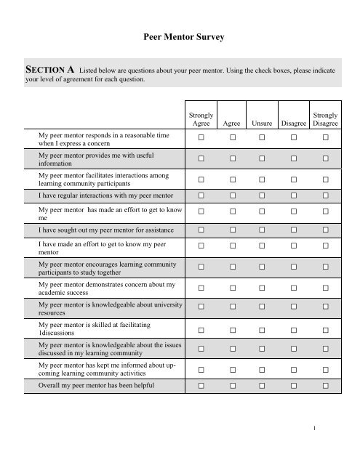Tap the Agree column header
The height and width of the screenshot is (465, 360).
(x=232, y=124)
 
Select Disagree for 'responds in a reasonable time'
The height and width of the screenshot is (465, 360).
(x=295, y=137)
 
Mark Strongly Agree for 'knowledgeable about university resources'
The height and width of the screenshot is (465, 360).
(x=201, y=309)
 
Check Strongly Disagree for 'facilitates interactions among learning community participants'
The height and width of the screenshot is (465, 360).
(x=326, y=178)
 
